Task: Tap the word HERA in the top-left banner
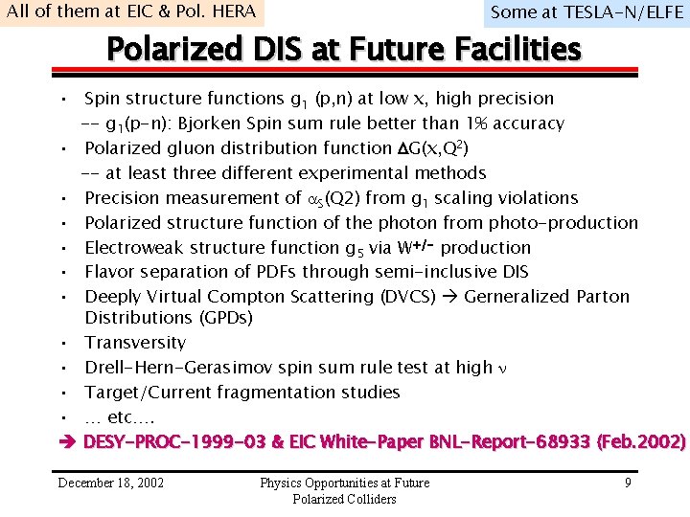click(234, 11)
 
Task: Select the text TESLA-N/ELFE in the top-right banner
click(616, 12)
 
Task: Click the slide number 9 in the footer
click(628, 483)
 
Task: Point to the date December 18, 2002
click(110, 483)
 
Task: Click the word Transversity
click(135, 343)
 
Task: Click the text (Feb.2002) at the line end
click(641, 442)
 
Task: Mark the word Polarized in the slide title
click(159, 49)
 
